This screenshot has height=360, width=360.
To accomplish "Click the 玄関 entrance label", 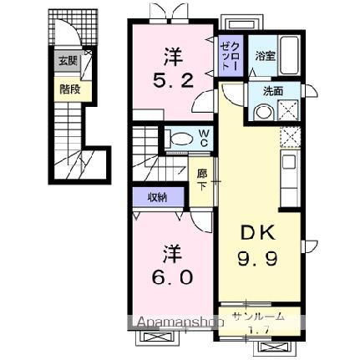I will [x=65, y=61].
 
